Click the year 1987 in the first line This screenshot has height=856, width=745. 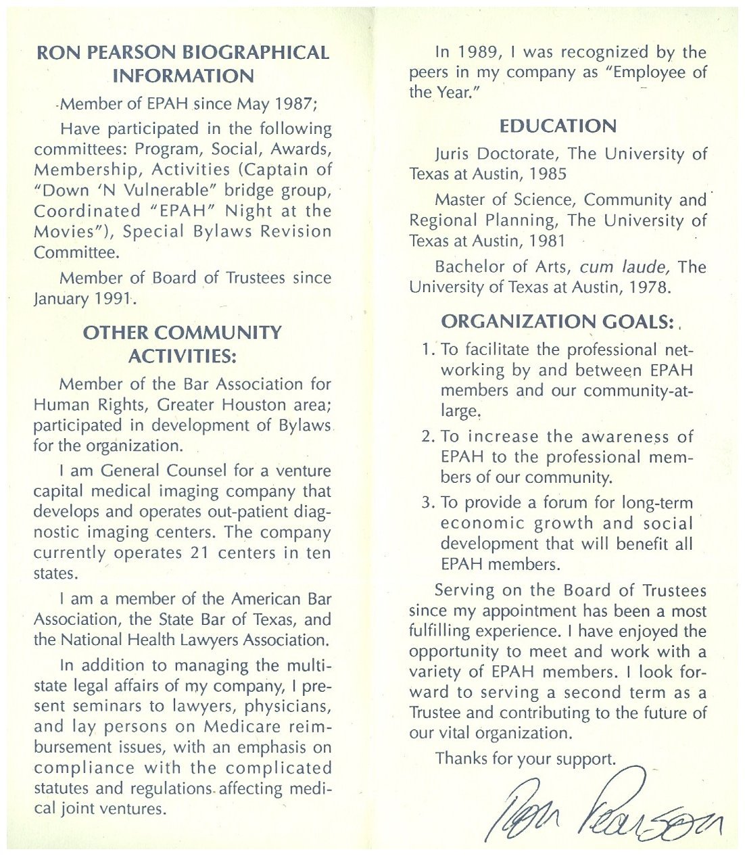(x=293, y=104)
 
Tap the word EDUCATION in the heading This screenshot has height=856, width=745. (x=558, y=126)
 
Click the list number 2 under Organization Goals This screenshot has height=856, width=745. (x=427, y=437)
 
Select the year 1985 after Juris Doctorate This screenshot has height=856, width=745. (x=548, y=174)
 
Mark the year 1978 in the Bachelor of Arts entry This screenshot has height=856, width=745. (x=648, y=287)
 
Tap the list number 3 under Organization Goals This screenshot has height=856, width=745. (x=427, y=502)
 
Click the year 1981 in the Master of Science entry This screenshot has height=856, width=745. (x=546, y=241)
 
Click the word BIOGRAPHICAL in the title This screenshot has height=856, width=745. (x=256, y=53)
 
